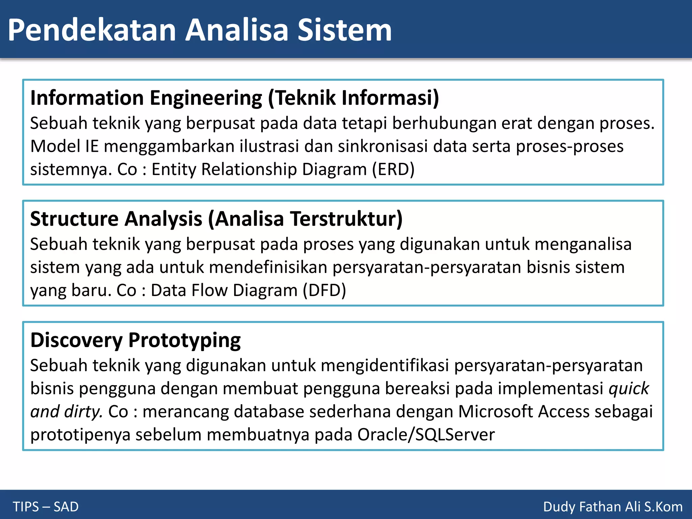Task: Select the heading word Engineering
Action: (205, 98)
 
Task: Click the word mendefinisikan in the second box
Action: (268, 267)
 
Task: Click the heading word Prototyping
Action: (184, 340)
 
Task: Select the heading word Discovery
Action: (76, 340)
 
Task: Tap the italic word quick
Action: (628, 389)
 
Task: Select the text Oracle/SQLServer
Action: (426, 435)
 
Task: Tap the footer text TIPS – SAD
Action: (46, 507)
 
